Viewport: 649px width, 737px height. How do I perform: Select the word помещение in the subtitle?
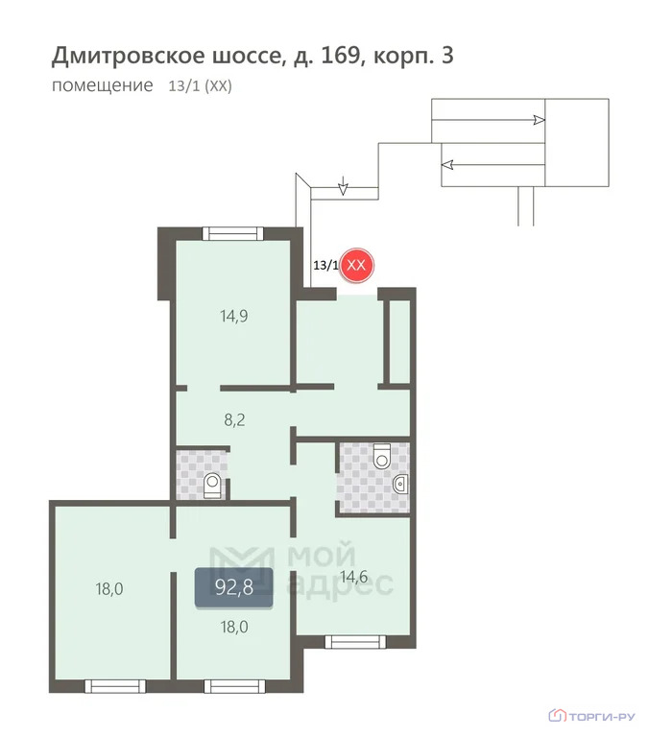(x=102, y=85)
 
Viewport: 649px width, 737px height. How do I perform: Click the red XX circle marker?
(x=356, y=265)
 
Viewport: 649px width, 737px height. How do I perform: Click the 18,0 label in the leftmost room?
(x=109, y=589)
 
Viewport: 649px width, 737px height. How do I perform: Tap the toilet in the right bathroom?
(x=382, y=455)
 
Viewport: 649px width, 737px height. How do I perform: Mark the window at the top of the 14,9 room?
(x=232, y=232)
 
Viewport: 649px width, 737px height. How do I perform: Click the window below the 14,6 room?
(x=354, y=641)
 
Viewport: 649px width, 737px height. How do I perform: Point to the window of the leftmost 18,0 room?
(x=113, y=684)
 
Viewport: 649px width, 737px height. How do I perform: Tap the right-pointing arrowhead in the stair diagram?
(x=539, y=120)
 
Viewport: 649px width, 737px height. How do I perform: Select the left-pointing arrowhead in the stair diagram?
(x=448, y=164)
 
